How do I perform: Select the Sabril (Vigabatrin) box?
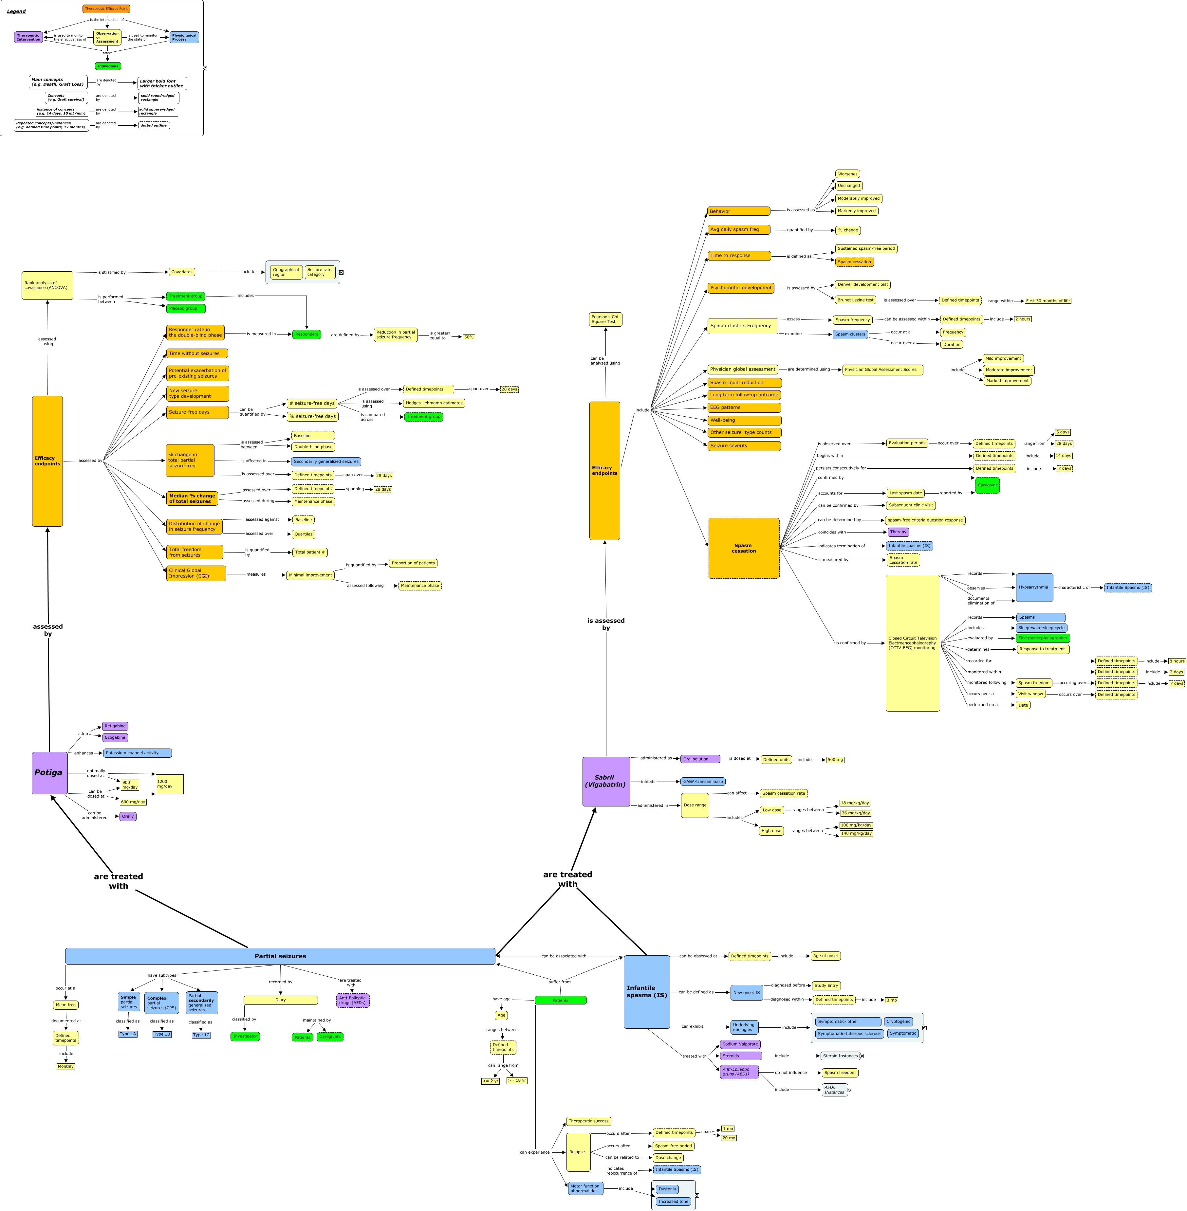coord(605,781)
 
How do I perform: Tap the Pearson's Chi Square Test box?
coord(605,319)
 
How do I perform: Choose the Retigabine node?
coord(115,726)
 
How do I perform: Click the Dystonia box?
coord(667,1188)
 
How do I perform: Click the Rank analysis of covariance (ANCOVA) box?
coord(47,285)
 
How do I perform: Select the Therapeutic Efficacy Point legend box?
coord(106,9)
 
